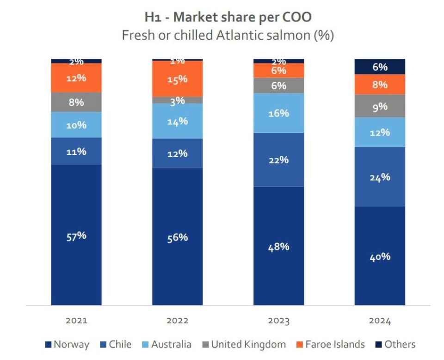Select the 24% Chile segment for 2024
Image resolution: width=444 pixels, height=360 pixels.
[x=380, y=177]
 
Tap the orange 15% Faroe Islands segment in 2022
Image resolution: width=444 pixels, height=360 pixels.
[x=177, y=79]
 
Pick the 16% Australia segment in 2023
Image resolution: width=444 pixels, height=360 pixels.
[x=278, y=113]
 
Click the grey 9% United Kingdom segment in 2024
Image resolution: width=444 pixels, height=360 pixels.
[x=380, y=106]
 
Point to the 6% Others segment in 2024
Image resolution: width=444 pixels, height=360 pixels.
[x=380, y=67]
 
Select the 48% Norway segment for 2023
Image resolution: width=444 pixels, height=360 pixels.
[x=278, y=246]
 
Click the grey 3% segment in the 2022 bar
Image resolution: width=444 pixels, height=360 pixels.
[x=177, y=100]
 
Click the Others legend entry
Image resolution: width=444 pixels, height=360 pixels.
[x=395, y=345]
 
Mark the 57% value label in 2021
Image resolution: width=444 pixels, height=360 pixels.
[x=76, y=236]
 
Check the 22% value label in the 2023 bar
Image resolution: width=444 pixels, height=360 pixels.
[x=278, y=160]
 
